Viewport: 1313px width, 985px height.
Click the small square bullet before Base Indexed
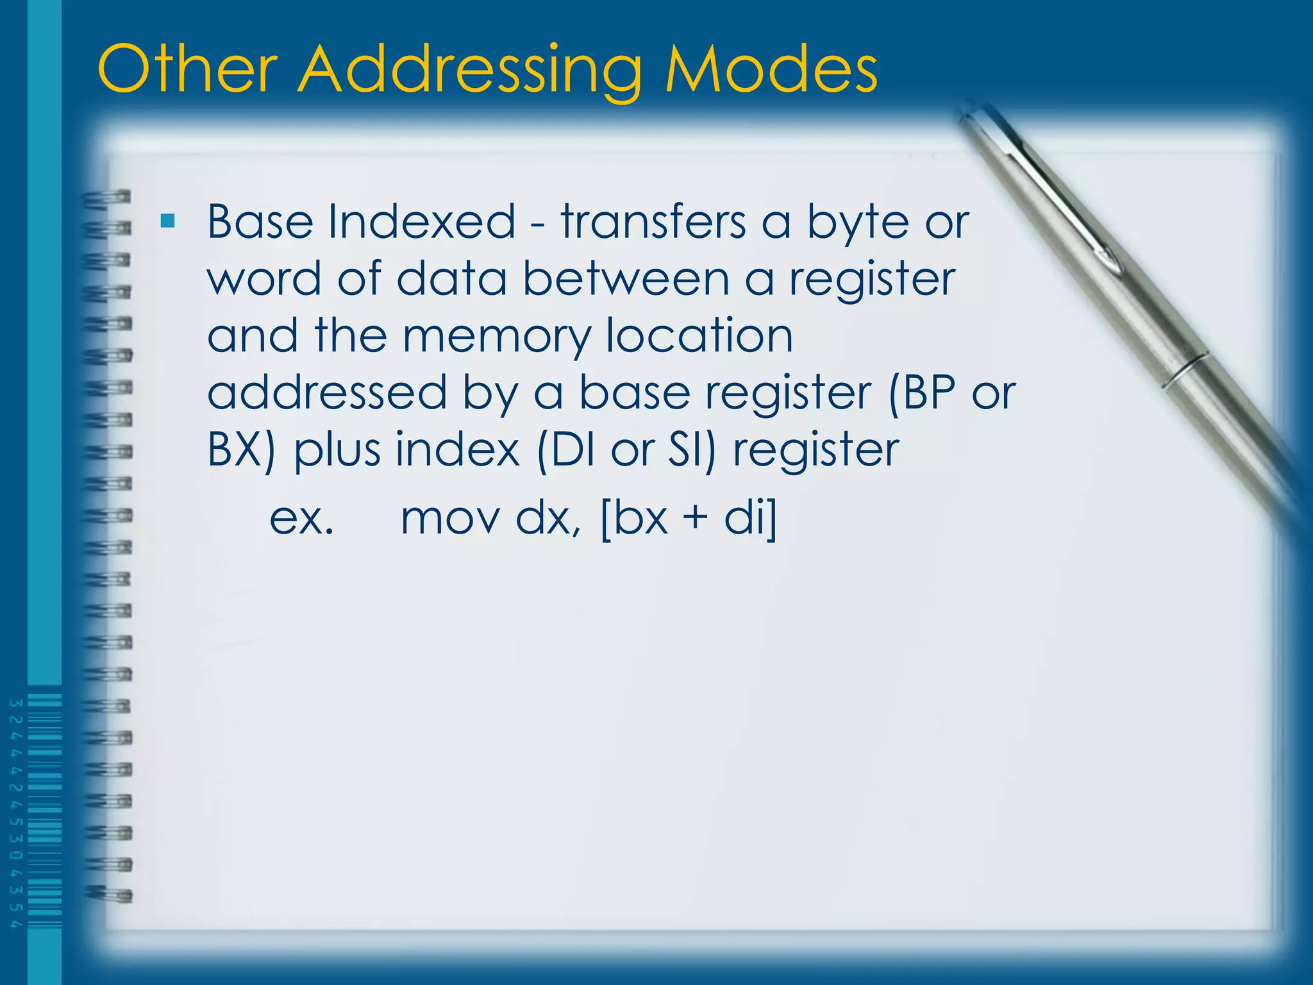point(168,222)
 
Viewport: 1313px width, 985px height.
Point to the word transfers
point(653,222)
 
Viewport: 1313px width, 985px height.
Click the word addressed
point(327,392)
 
